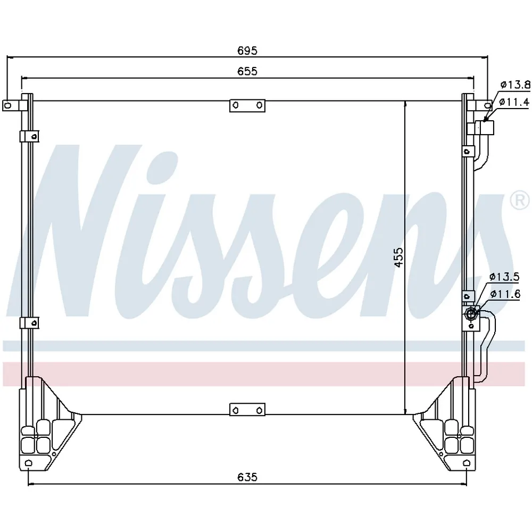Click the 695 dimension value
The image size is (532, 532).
[x=247, y=50]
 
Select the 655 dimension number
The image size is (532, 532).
[x=247, y=71]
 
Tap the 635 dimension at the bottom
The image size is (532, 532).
[x=247, y=477]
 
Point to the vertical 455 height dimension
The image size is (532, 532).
[x=399, y=257]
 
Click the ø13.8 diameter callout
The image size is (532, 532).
[x=515, y=85]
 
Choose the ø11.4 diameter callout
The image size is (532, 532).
[x=514, y=102]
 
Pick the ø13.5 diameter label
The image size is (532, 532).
[x=504, y=277]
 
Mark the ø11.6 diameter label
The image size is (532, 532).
[x=505, y=294]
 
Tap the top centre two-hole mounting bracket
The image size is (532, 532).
[x=247, y=105]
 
